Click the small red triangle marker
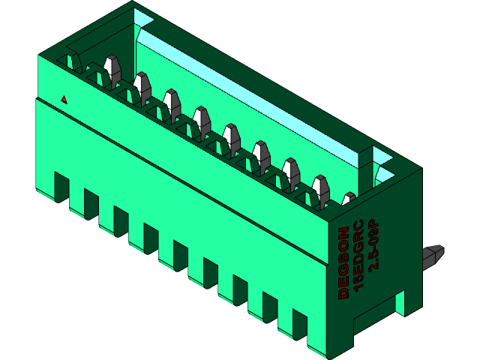pos(64,99)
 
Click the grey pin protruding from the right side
pos(434,256)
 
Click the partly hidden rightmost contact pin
pos(348,199)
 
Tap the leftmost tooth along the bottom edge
pos(61,186)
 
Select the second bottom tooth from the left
pos(91,203)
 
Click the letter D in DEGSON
pos(343,292)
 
